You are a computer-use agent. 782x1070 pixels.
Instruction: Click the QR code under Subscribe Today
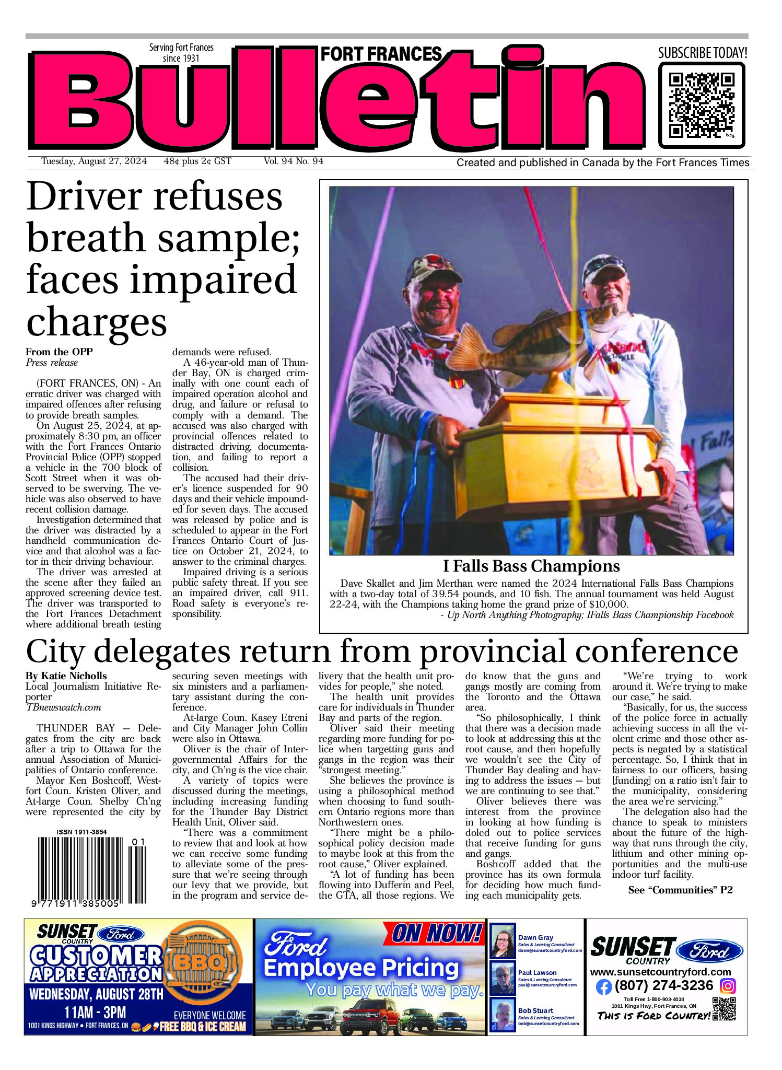(x=701, y=105)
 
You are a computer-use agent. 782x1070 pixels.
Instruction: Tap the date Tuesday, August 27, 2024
(x=94, y=161)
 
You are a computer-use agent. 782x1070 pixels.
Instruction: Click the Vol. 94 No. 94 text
(x=294, y=161)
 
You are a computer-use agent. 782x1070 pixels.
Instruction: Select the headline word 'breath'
(x=86, y=238)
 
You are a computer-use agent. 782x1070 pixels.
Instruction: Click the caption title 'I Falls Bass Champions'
(x=531, y=566)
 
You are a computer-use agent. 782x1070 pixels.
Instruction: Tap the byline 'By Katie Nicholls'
(x=66, y=676)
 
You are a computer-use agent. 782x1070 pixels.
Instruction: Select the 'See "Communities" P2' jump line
(x=680, y=890)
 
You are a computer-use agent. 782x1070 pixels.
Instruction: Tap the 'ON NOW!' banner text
(x=436, y=934)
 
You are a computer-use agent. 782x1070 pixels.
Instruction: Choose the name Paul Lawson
(x=537, y=973)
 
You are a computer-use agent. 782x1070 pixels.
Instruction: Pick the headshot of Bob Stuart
(x=503, y=1015)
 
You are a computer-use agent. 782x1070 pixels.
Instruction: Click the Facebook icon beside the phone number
(x=603, y=987)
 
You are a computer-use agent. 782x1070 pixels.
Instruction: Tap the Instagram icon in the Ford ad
(x=728, y=986)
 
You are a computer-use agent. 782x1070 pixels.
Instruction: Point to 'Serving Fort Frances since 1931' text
(x=181, y=53)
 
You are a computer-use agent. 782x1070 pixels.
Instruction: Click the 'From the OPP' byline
(x=59, y=352)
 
